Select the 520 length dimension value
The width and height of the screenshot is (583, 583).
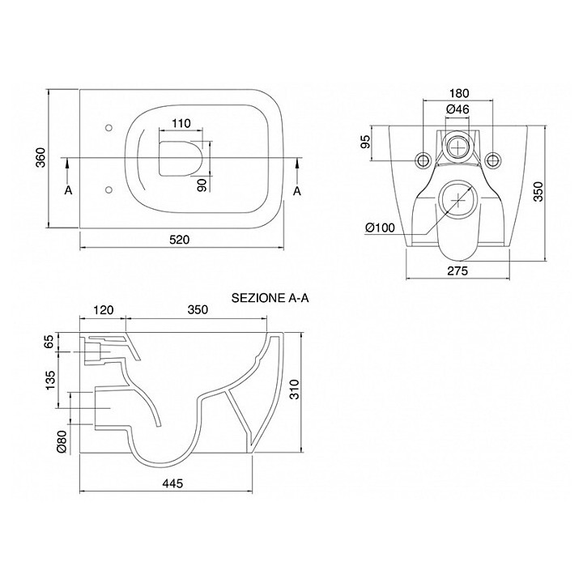[181, 240]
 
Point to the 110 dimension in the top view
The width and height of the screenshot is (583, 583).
[181, 125]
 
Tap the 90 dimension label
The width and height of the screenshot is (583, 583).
[202, 185]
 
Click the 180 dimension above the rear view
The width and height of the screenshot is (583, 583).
[458, 92]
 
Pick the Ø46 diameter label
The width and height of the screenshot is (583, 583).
[458, 108]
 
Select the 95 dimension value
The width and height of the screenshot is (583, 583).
[366, 143]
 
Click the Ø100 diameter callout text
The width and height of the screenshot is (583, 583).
[380, 228]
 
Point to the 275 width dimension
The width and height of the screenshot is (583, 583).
[457, 271]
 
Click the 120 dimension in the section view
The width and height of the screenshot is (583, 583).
[103, 309]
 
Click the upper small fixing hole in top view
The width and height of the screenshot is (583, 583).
[108, 127]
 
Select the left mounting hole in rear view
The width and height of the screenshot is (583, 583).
[422, 158]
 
